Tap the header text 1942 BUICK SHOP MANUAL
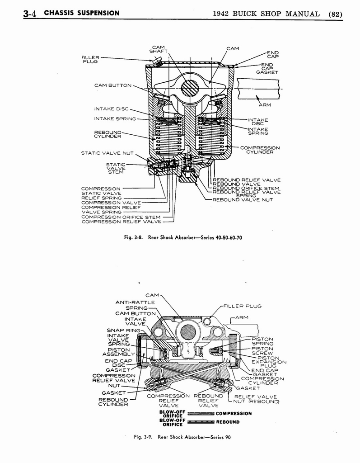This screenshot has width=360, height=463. (x=266, y=13)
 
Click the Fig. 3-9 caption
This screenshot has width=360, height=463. (x=182, y=437)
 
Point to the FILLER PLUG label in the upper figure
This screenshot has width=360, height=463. (x=90, y=60)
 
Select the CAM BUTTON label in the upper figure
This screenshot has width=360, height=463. (x=112, y=85)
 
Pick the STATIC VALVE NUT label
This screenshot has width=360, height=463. (x=107, y=153)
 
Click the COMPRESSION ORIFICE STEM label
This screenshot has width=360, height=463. (x=121, y=217)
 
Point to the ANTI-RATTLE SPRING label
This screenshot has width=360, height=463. (x=136, y=305)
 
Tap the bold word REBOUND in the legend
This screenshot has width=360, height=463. (x=228, y=422)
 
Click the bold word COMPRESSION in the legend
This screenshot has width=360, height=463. (x=234, y=413)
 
